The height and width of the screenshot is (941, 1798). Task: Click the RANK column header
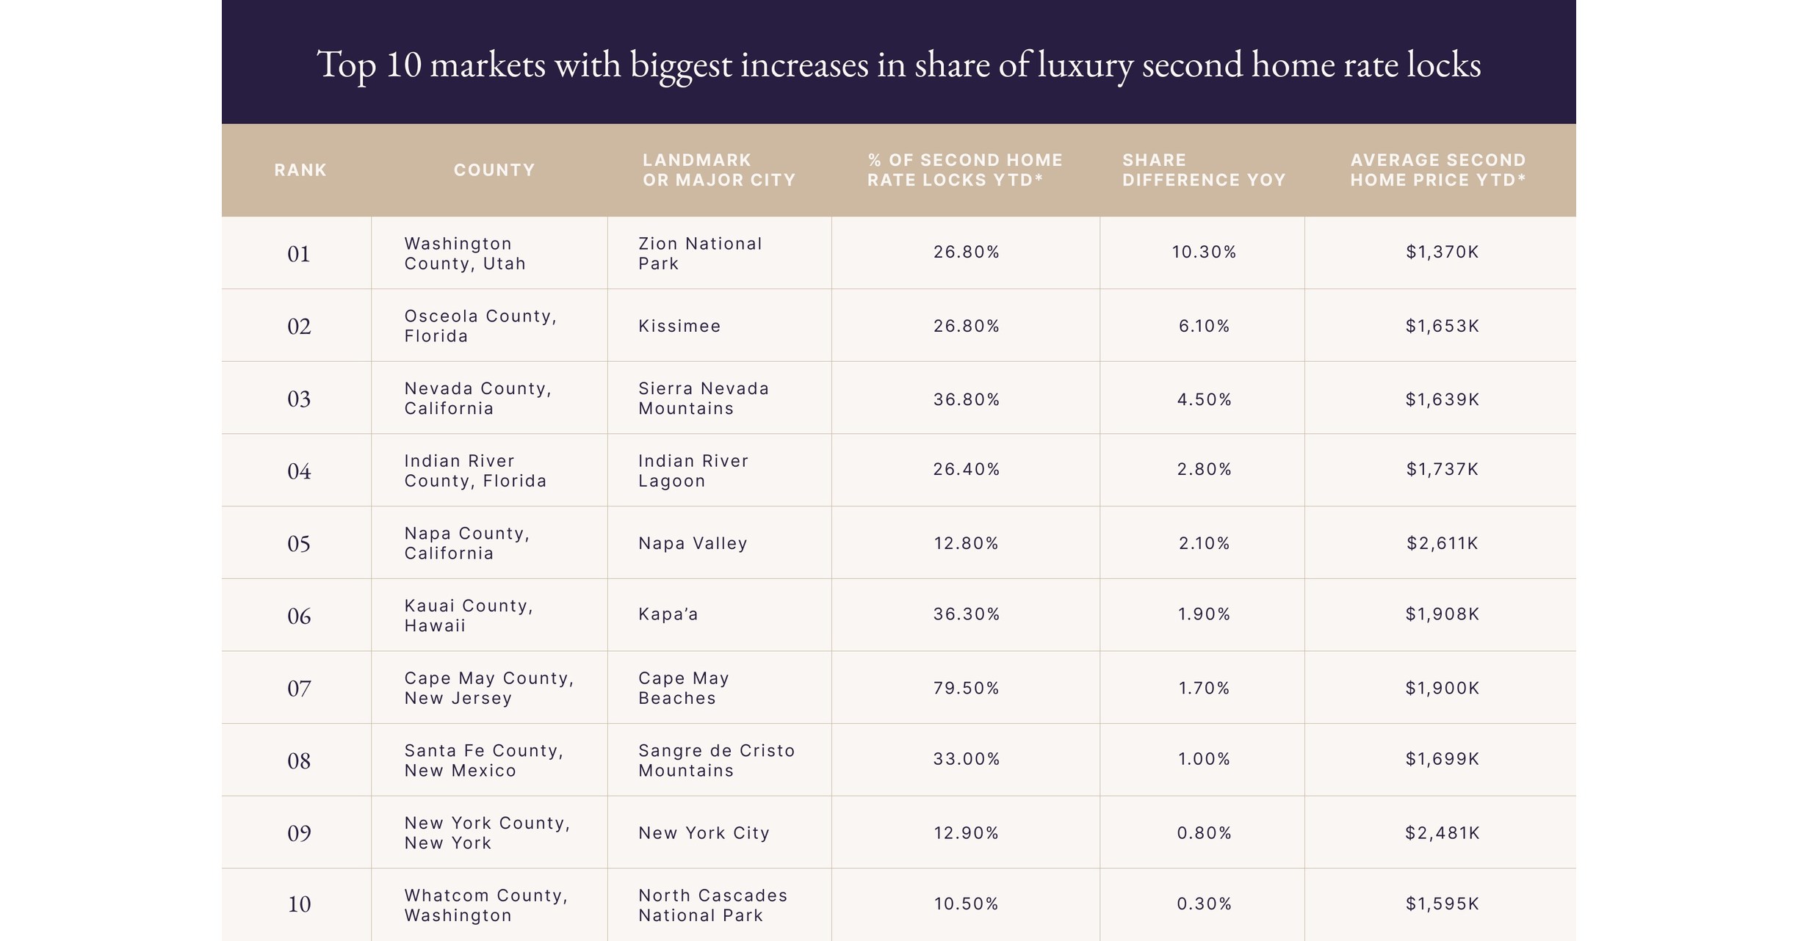[x=300, y=170]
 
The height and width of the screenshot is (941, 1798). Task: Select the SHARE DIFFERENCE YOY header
[x=1203, y=170]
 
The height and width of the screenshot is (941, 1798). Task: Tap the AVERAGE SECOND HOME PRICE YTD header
[x=1438, y=170]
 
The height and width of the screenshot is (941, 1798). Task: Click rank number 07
[x=299, y=689]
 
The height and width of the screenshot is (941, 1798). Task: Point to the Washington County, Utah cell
[x=465, y=253]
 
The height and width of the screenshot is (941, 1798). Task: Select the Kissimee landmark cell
[x=679, y=326]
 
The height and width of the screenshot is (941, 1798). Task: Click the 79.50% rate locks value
[x=966, y=689]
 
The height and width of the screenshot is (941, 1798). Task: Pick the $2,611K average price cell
[x=1442, y=543]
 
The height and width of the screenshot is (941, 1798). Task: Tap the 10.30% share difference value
[x=1204, y=252]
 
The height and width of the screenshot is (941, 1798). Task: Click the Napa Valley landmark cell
[x=693, y=543]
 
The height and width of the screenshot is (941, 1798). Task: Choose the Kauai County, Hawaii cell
[x=469, y=616]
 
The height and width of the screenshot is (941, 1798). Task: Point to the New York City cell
[x=704, y=833]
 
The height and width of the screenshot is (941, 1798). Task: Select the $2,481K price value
[x=1442, y=833]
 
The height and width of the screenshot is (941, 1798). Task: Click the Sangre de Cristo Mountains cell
[x=716, y=760]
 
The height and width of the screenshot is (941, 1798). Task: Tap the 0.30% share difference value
[x=1204, y=904]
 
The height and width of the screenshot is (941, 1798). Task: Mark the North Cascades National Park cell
[x=712, y=905]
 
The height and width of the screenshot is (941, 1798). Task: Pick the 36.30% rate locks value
[x=966, y=614]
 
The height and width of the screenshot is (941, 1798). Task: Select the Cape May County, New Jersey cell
[x=488, y=689]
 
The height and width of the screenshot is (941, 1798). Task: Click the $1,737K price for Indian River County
[x=1442, y=470]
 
